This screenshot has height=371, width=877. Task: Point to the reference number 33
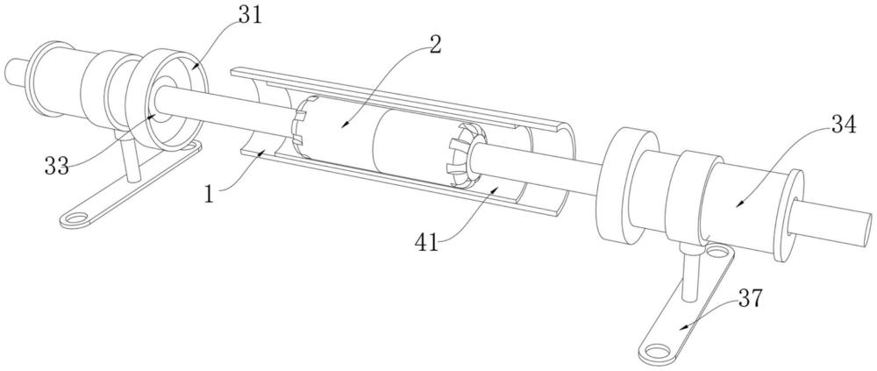(57, 165)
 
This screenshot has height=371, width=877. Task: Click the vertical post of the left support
(132, 163)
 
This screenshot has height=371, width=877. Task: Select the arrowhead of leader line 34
(738, 206)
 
